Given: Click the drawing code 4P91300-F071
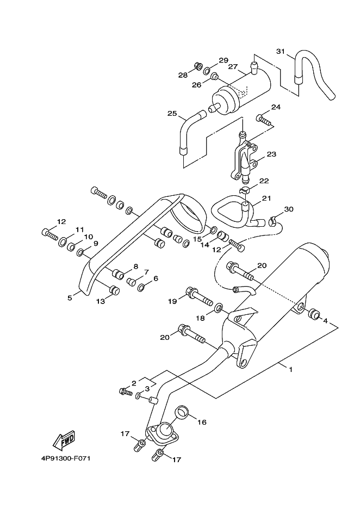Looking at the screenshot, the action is point(64,458).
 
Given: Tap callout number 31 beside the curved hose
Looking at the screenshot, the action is point(280,51).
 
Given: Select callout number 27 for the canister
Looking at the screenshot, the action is point(232,66).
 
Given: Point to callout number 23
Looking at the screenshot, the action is point(271,154).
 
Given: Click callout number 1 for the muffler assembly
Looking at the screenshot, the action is point(291,369).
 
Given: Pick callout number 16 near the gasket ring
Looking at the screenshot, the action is point(202,423).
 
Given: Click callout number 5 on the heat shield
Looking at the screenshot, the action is point(70,297).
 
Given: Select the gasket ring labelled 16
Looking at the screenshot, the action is point(182,413).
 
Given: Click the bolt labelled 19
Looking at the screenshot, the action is point(198,296).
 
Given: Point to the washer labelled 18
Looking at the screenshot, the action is point(219,307).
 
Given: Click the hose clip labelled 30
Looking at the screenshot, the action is point(272,222).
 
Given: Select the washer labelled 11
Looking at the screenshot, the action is point(63,242).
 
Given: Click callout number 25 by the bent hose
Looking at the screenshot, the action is point(172,113).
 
